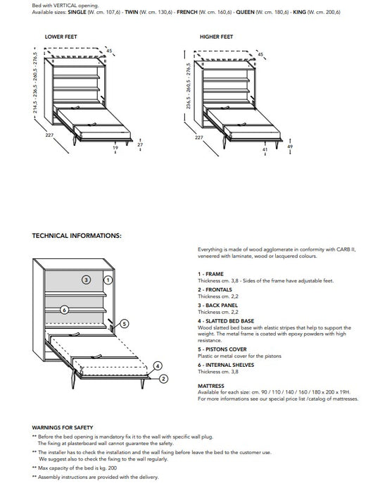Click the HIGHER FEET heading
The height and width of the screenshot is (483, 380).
click(216, 36)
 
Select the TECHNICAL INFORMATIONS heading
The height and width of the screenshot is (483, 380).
click(77, 236)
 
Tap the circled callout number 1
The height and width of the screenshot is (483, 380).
click(108, 280)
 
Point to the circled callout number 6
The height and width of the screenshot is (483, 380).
click(64, 309)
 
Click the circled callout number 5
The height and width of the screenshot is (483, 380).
click(125, 324)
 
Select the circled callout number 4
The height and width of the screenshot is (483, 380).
click(158, 365)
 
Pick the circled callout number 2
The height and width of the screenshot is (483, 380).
click(163, 378)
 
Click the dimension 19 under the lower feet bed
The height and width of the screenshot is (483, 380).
click(115, 149)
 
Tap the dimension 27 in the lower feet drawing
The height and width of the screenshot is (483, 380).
click(140, 144)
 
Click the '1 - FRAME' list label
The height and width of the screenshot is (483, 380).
click(210, 274)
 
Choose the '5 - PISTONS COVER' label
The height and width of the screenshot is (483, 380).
click(222, 349)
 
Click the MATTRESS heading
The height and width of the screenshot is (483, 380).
click(211, 386)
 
